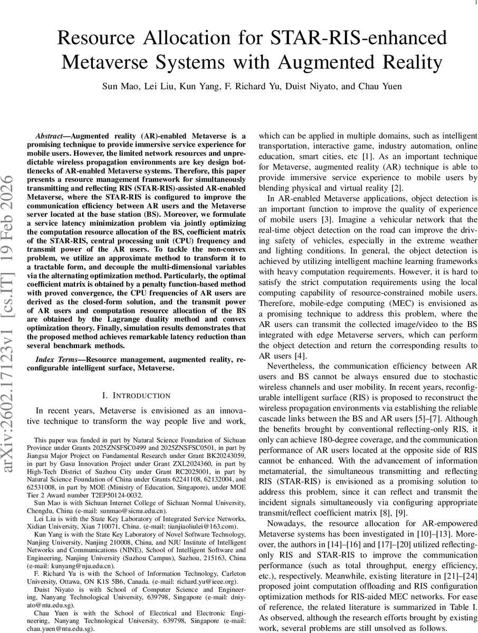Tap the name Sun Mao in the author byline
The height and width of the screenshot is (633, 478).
116,87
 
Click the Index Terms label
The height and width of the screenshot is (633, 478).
58,359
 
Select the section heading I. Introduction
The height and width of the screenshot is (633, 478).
136,395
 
